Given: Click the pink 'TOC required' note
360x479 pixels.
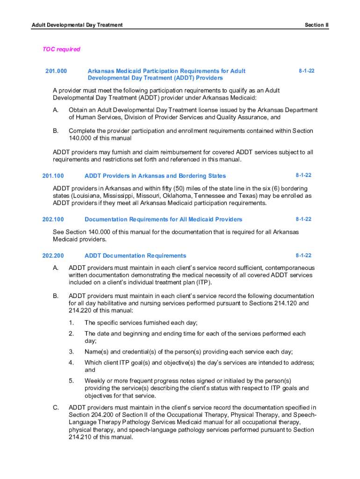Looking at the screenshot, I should point(61,49).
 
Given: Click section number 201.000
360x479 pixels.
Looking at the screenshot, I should point(56,71).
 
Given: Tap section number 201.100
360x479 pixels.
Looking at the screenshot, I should point(53,176).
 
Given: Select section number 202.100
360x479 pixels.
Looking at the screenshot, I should point(53,219).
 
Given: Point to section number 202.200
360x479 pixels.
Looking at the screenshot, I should point(53,256).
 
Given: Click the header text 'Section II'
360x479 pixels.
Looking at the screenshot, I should point(317,25).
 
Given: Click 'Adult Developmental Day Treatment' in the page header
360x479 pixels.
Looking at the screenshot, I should point(77,25).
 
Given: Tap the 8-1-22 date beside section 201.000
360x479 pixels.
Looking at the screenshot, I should point(307,71).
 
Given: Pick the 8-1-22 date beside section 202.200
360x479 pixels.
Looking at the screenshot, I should point(303,256).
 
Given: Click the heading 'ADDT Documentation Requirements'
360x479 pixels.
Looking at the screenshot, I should point(135,256).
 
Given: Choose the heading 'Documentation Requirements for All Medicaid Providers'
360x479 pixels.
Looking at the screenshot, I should point(163,219).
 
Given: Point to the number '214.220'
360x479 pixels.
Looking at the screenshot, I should point(66,311).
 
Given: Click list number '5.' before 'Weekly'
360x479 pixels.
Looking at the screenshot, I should point(71,381).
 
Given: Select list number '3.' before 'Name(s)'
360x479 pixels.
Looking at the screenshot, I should point(71,352).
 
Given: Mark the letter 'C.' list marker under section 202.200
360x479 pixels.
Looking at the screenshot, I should point(56,407).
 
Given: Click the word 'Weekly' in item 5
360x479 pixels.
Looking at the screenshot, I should point(95,381).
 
